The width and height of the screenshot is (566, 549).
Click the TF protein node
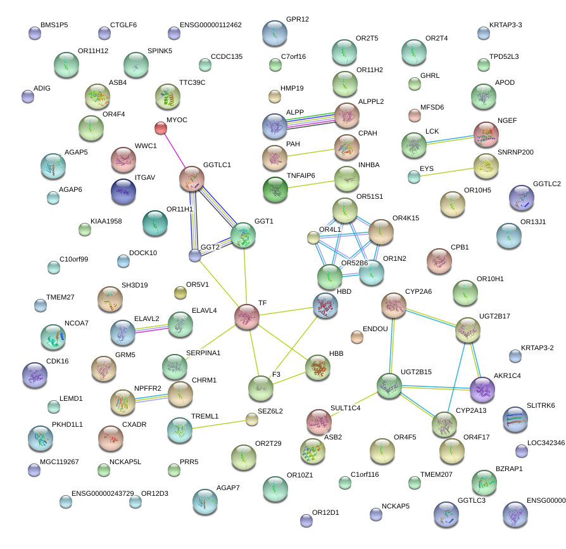click(x=247, y=317)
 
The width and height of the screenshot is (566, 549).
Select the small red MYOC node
click(x=161, y=129)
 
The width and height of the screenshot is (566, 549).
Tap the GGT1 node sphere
click(x=243, y=235)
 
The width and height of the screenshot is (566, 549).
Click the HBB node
click(x=318, y=367)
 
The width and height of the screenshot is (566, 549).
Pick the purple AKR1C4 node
click(x=482, y=389)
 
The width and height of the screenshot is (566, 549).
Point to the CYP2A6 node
click(x=393, y=306)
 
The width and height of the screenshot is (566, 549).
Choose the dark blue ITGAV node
click(x=123, y=191)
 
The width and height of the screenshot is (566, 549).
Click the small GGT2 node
click(x=195, y=255)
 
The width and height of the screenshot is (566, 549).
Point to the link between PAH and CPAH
click(x=311, y=151)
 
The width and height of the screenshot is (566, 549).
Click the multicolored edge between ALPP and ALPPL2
click(x=311, y=120)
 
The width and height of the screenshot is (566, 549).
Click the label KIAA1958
click(x=106, y=222)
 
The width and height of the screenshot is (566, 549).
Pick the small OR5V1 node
click(x=180, y=292)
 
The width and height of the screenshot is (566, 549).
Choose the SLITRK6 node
click(x=515, y=419)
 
